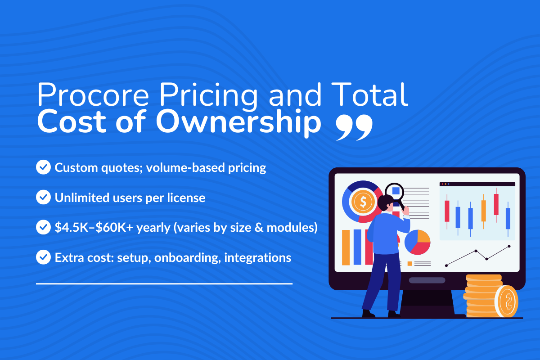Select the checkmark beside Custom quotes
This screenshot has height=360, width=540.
[43, 168]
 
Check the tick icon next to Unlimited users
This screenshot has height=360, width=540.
[43, 197]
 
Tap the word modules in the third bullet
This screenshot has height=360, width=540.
[292, 228]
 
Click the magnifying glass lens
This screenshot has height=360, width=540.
[396, 191]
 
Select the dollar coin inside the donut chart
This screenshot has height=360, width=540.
[362, 202]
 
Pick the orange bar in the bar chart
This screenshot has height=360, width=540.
[346, 247]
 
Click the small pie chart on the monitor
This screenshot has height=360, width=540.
[418, 242]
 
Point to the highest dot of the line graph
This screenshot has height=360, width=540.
[509, 246]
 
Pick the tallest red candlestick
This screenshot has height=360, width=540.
[496, 204]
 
